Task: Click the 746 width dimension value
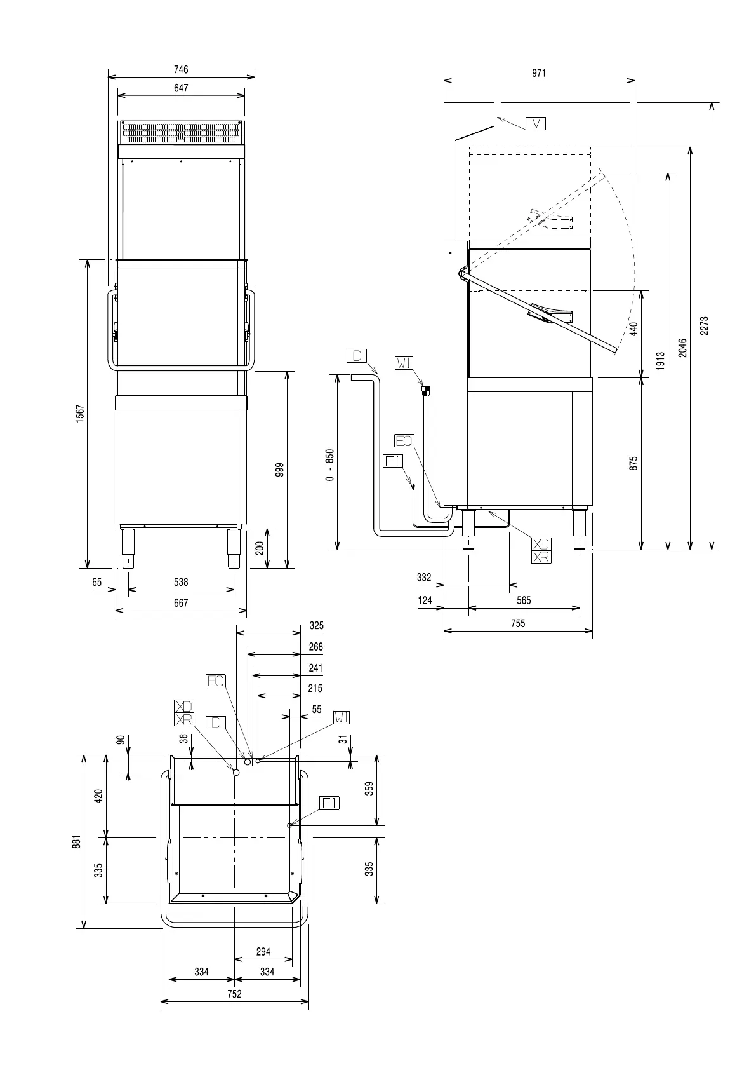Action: pyautogui.click(x=181, y=70)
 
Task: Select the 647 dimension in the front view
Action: pyautogui.click(x=181, y=88)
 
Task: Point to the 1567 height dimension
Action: pyautogui.click(x=80, y=414)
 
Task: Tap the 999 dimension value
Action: pyautogui.click(x=280, y=470)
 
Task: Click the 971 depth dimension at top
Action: pyautogui.click(x=538, y=73)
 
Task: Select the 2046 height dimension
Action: pyautogui.click(x=682, y=347)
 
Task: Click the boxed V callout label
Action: pyautogui.click(x=536, y=123)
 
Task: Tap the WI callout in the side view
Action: pyautogui.click(x=404, y=363)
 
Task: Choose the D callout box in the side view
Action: pyautogui.click(x=357, y=356)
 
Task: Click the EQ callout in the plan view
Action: pyautogui.click(x=216, y=681)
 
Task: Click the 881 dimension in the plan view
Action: pyautogui.click(x=76, y=842)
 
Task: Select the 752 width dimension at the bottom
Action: pyautogui.click(x=234, y=994)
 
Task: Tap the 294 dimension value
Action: pyautogui.click(x=263, y=951)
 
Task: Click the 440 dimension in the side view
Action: pyautogui.click(x=633, y=329)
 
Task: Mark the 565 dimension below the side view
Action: pyautogui.click(x=524, y=600)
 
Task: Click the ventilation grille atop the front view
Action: pyautogui.click(x=182, y=133)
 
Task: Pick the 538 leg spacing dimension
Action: pyautogui.click(x=181, y=582)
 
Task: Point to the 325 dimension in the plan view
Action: pyautogui.click(x=316, y=626)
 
